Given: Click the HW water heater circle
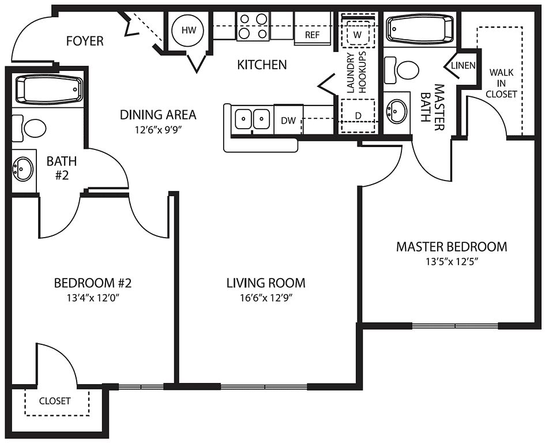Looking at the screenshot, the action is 189,31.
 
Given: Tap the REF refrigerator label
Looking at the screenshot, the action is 313,35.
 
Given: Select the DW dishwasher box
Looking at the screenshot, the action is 288,119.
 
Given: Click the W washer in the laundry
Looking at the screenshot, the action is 358,34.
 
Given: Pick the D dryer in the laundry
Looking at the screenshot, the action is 358,115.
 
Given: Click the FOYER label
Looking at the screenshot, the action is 85,41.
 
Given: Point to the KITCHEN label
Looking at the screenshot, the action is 262,65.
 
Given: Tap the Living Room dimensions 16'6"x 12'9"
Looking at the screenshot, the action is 266,298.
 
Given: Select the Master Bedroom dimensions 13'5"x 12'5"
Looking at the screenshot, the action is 452,262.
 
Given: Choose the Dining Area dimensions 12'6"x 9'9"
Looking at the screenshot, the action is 158,130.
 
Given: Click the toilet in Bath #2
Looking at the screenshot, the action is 30,128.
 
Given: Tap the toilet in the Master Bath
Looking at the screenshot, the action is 402,70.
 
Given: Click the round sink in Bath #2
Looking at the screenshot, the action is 23,170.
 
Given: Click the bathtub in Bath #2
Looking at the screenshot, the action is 50,89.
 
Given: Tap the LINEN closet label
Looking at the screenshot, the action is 464,66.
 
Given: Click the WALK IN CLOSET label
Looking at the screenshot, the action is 501,83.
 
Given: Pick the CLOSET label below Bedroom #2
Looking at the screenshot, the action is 55,401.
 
